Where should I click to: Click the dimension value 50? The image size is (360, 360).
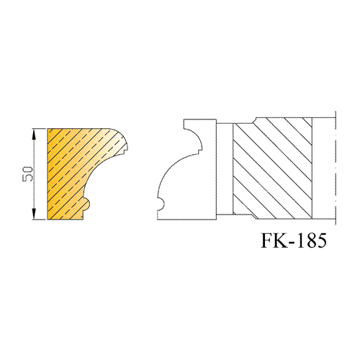27,174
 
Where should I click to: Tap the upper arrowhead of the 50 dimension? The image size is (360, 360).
34,134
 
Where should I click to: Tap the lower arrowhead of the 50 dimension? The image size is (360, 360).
34,214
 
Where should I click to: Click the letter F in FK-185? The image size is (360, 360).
268,240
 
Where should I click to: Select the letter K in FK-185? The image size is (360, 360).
282,240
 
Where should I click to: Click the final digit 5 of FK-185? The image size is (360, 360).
322,240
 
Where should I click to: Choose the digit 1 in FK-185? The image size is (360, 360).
302,240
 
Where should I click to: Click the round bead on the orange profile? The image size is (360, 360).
87,204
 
